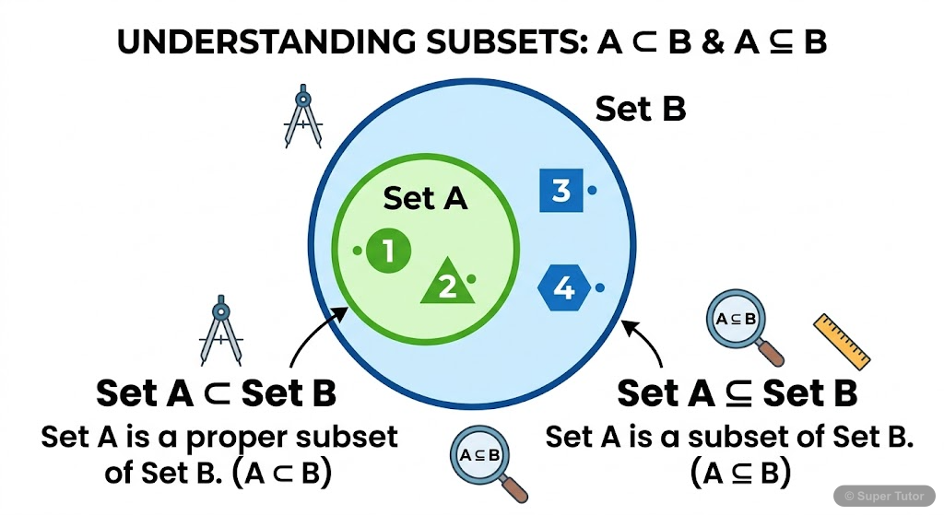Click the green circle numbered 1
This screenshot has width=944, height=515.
pyautogui.click(x=388, y=251)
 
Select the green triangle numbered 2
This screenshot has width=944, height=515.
pyautogui.click(x=447, y=286)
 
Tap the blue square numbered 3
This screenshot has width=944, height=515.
pyautogui.click(x=560, y=191)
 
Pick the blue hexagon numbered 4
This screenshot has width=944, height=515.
pyautogui.click(x=563, y=289)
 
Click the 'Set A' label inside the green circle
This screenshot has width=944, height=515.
pyautogui.click(x=425, y=197)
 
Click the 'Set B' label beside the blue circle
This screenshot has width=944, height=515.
pyautogui.click(x=640, y=109)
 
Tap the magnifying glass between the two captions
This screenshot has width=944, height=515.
pyautogui.click(x=485, y=460)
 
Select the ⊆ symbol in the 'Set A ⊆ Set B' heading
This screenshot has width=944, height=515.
pyautogui.click(x=736, y=393)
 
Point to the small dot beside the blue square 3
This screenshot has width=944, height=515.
pyautogui.click(x=592, y=191)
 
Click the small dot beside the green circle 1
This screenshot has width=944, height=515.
pyautogui.click(x=357, y=250)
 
